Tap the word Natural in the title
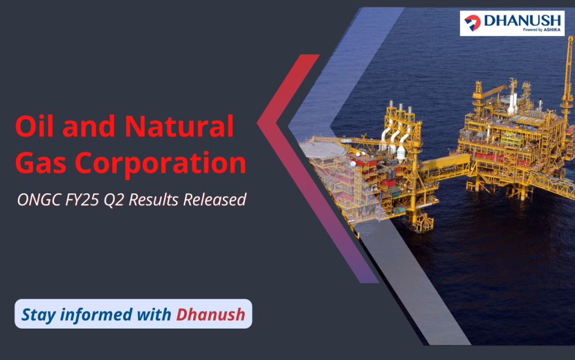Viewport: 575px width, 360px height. (x=179, y=126)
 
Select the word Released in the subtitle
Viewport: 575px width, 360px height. (x=215, y=200)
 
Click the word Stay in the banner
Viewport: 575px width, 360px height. (x=39, y=315)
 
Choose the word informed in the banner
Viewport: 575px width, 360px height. (x=96, y=314)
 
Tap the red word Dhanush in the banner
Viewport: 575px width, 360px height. (x=211, y=314)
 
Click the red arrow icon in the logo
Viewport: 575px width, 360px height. (x=473, y=22)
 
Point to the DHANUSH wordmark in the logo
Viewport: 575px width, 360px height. (x=523, y=21)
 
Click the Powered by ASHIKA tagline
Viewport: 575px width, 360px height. (x=542, y=30)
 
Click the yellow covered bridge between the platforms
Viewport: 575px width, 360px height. (x=445, y=163)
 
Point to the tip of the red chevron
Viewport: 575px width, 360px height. (x=257, y=123)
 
